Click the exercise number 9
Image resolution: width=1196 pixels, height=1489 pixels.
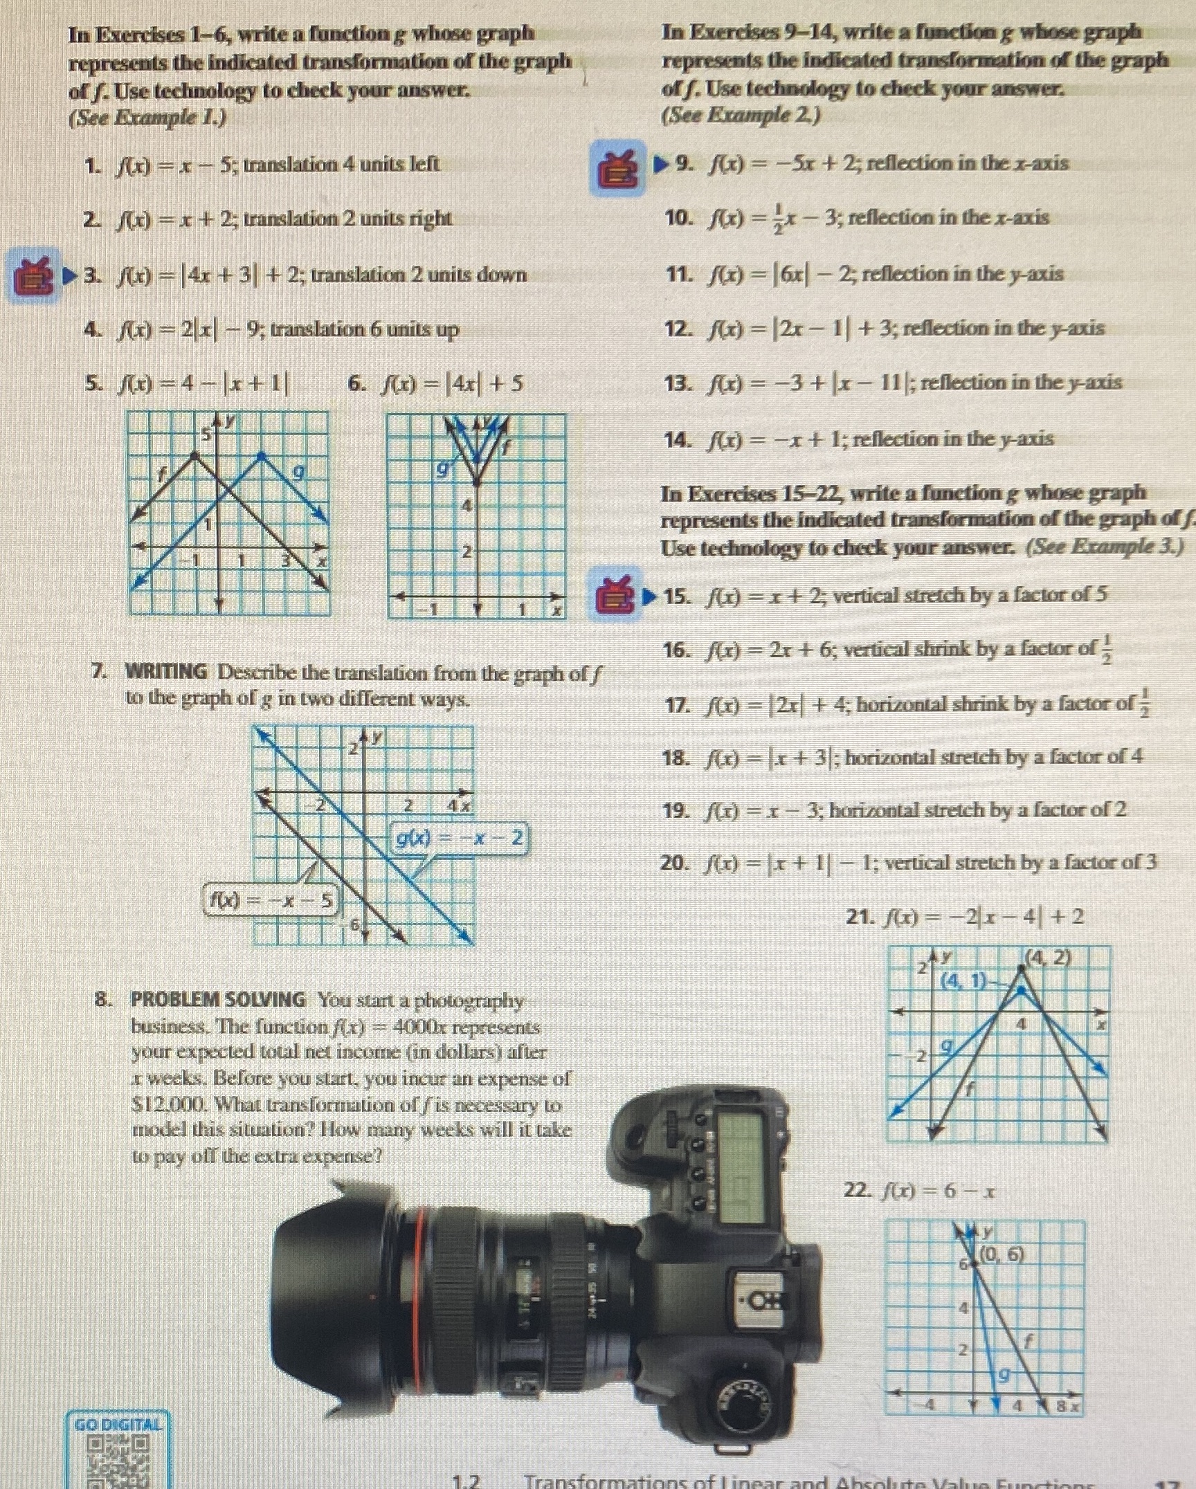(683, 164)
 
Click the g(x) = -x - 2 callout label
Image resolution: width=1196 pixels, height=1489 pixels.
(459, 839)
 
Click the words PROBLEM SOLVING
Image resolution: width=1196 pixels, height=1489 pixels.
(218, 1000)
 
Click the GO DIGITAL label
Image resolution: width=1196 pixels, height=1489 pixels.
(118, 1425)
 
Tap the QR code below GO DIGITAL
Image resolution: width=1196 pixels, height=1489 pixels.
(118, 1460)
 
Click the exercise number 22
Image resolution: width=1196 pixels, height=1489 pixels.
(858, 1191)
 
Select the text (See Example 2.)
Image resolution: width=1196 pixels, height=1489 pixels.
(741, 115)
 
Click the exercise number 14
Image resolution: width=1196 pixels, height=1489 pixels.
(678, 439)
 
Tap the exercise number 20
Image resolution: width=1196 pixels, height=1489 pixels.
(675, 863)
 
